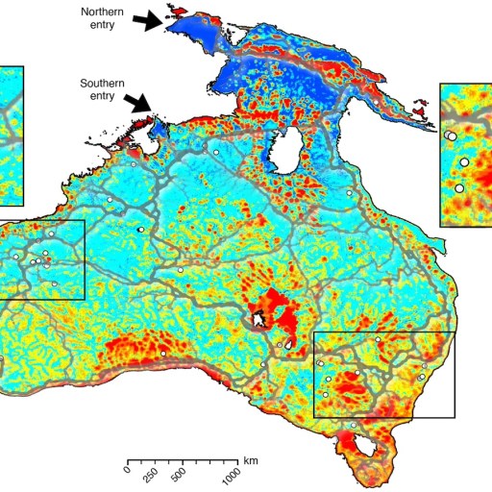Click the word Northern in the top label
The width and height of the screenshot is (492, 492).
pos(102,11)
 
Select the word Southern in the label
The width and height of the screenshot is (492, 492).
pos(102,84)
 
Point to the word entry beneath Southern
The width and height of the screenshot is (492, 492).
pos(103,96)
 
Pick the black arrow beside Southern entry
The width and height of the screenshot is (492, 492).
pos(140,101)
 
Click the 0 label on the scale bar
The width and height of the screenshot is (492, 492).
pos(127,471)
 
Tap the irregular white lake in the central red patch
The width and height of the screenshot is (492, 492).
pos(258,318)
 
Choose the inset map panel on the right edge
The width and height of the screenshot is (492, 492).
pos(465,154)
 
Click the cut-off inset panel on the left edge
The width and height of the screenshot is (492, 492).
pos(11,135)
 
